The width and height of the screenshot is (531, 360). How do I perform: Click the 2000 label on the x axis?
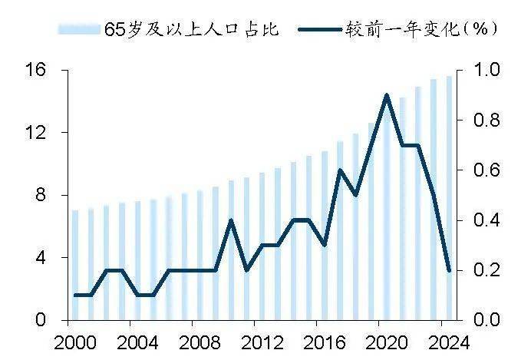click(x=75, y=343)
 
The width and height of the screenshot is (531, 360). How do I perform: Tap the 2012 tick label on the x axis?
click(x=262, y=343)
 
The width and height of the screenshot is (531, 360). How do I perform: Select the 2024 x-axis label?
click(x=449, y=343)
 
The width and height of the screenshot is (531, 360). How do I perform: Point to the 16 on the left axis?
click(x=35, y=70)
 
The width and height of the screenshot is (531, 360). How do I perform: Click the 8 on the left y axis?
click(x=40, y=195)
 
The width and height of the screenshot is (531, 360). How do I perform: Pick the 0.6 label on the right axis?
click(x=486, y=170)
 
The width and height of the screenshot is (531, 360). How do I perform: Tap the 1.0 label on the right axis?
click(x=486, y=70)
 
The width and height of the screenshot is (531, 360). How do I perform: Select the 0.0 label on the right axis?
click(x=486, y=319)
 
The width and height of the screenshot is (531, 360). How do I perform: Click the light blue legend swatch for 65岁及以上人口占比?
click(x=79, y=29)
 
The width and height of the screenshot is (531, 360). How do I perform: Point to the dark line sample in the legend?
click(x=320, y=29)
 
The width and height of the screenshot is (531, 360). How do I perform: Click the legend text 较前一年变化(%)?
click(x=421, y=29)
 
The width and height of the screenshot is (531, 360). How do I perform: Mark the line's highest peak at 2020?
click(x=387, y=95)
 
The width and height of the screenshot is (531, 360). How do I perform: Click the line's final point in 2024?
click(x=449, y=271)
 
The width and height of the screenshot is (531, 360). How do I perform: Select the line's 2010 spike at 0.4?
click(x=231, y=220)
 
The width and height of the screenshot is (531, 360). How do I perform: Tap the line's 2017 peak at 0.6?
click(x=340, y=170)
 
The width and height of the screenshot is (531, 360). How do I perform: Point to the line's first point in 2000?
click(x=75, y=295)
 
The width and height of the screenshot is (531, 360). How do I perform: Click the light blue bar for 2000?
click(x=75, y=265)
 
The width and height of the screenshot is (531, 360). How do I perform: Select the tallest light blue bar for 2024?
click(x=449, y=198)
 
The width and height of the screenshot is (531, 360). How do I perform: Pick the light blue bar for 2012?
click(x=262, y=246)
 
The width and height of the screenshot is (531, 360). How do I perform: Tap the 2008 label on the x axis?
click(x=200, y=343)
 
